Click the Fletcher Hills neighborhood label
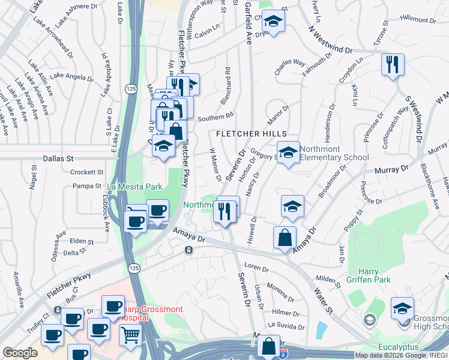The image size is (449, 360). coord(247,134)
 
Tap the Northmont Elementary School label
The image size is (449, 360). coord(334,154)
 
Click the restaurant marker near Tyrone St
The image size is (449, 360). coord(393,65)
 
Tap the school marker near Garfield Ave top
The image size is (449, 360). coord(274,22)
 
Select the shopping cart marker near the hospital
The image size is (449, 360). coord(130,335)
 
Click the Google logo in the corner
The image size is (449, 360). coord(20,353)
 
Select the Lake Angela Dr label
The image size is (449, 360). coord(71,76)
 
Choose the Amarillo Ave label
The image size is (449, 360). coord(17,289)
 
